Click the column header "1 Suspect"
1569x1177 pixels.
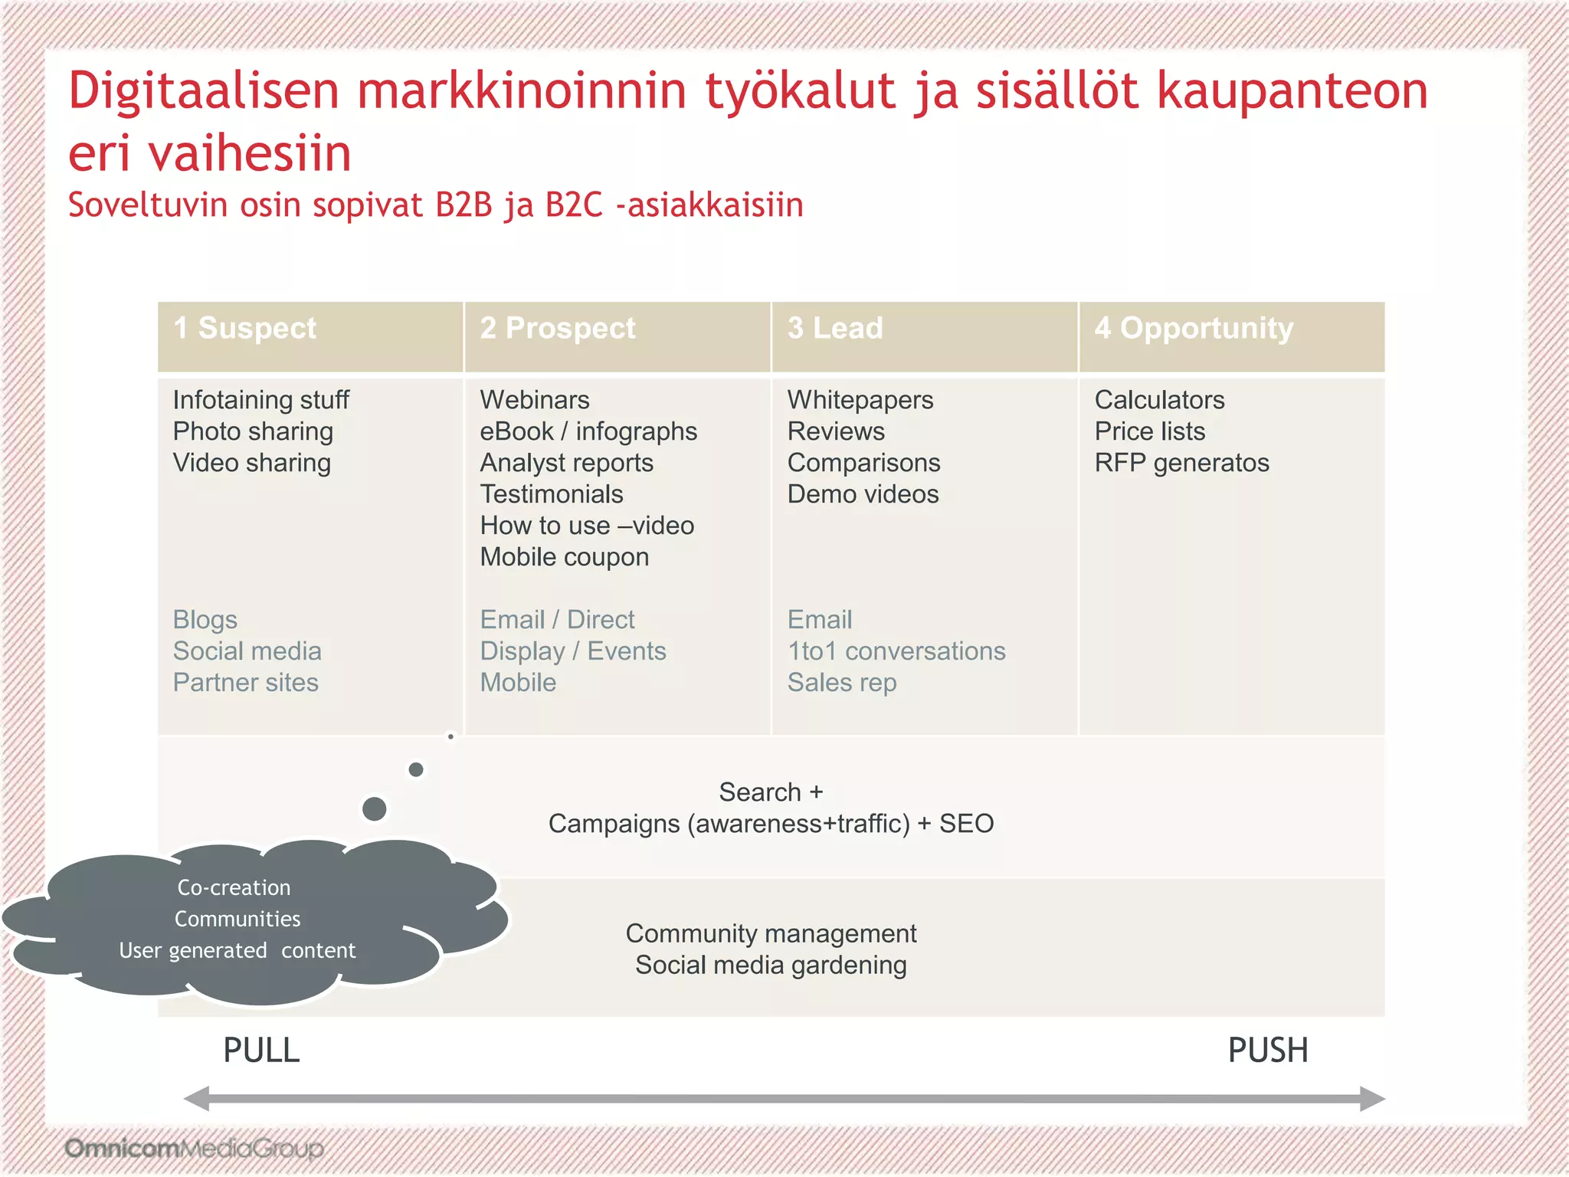click(x=244, y=329)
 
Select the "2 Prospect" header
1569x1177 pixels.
click(x=557, y=329)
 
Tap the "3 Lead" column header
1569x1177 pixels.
click(x=835, y=329)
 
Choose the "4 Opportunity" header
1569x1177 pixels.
click(x=1194, y=329)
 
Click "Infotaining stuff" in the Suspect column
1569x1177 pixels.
click(x=260, y=400)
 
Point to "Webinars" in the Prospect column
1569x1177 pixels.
click(x=535, y=400)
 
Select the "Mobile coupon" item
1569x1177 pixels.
click(x=564, y=557)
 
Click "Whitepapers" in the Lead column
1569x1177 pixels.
click(x=860, y=400)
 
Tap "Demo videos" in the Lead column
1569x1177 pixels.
click(x=863, y=494)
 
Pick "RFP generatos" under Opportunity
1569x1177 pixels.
click(x=1181, y=463)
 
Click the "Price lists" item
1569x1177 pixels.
click(x=1149, y=431)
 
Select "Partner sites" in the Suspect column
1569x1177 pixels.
click(x=245, y=683)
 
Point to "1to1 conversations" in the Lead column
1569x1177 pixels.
click(x=896, y=651)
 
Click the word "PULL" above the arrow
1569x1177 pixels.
click(x=261, y=1051)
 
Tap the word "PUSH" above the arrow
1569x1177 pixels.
click(x=1268, y=1051)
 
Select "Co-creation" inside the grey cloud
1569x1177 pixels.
click(x=234, y=887)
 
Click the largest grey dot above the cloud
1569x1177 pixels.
click(x=374, y=808)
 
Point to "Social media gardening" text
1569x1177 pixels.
click(x=771, y=966)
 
